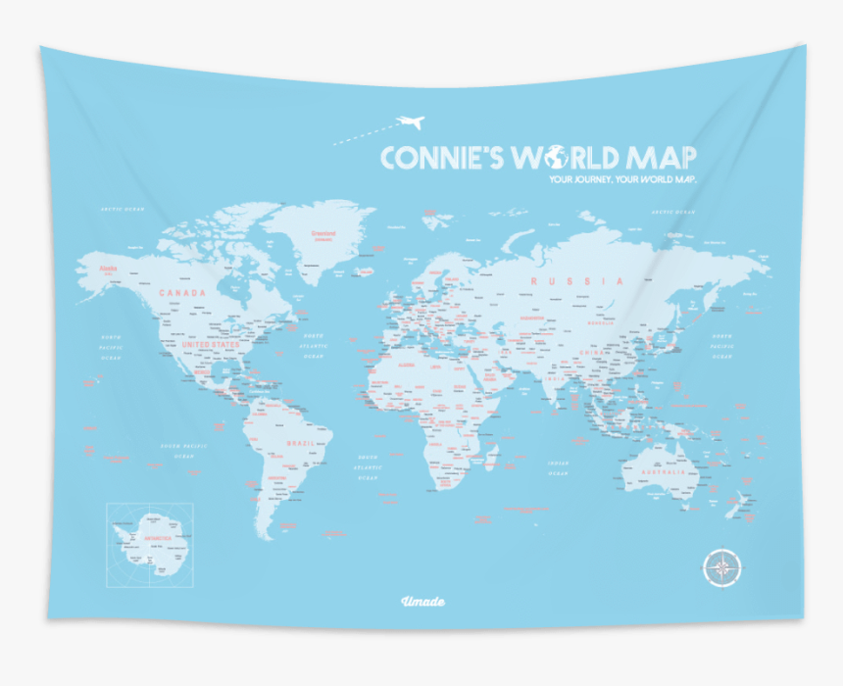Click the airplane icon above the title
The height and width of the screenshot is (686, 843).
(x=410, y=122)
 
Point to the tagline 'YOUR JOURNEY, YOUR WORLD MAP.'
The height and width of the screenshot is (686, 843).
(x=622, y=180)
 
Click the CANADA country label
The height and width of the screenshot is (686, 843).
(x=183, y=293)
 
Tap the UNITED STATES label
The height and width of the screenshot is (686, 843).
(x=210, y=345)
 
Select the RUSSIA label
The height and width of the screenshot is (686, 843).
(x=576, y=281)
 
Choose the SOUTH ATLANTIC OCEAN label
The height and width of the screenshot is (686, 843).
(x=369, y=469)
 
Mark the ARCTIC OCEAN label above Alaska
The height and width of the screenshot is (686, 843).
(x=121, y=209)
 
